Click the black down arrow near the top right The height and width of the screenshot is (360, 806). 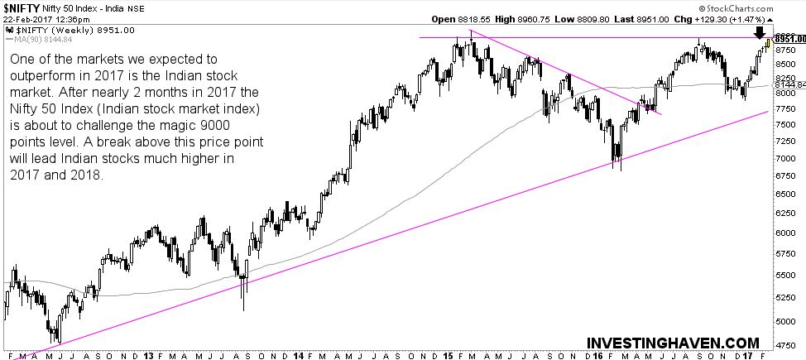[x=760, y=33]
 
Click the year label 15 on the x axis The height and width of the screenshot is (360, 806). [x=448, y=354]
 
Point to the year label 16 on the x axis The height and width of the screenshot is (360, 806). [x=597, y=354]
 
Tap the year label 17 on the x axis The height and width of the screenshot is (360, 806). [x=747, y=354]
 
